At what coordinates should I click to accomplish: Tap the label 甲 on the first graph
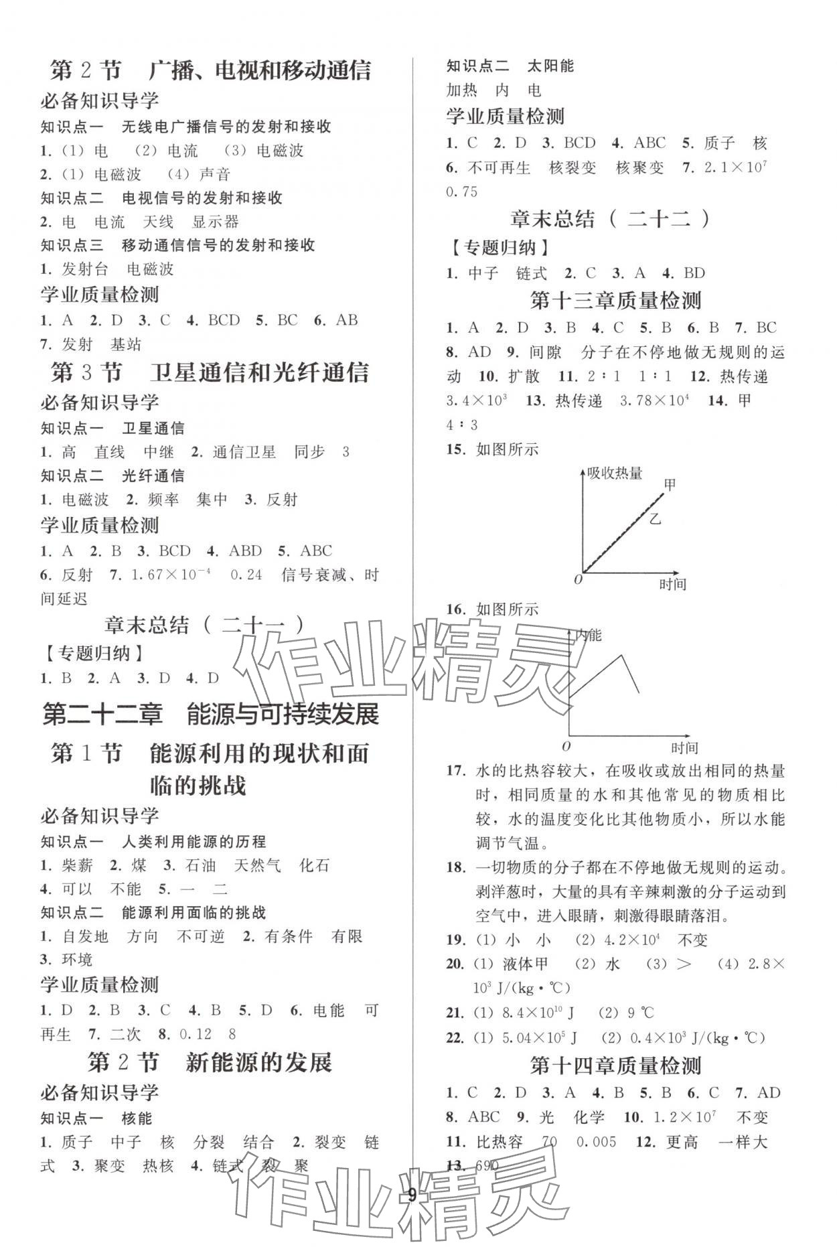[670, 484]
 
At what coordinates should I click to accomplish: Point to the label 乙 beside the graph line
[655, 518]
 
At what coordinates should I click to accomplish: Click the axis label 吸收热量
[615, 473]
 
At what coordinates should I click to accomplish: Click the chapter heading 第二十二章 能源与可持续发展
[211, 715]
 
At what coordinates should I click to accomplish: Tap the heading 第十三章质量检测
[615, 300]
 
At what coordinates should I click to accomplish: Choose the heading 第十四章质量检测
[615, 1065]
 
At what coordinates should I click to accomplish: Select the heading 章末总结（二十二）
[610, 219]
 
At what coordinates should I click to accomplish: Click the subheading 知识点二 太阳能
[510, 66]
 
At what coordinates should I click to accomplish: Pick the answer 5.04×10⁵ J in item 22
[539, 1038]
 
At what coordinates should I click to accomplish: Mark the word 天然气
[257, 865]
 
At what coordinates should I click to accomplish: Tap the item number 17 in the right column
[455, 771]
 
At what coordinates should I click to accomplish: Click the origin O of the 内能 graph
[566, 745]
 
